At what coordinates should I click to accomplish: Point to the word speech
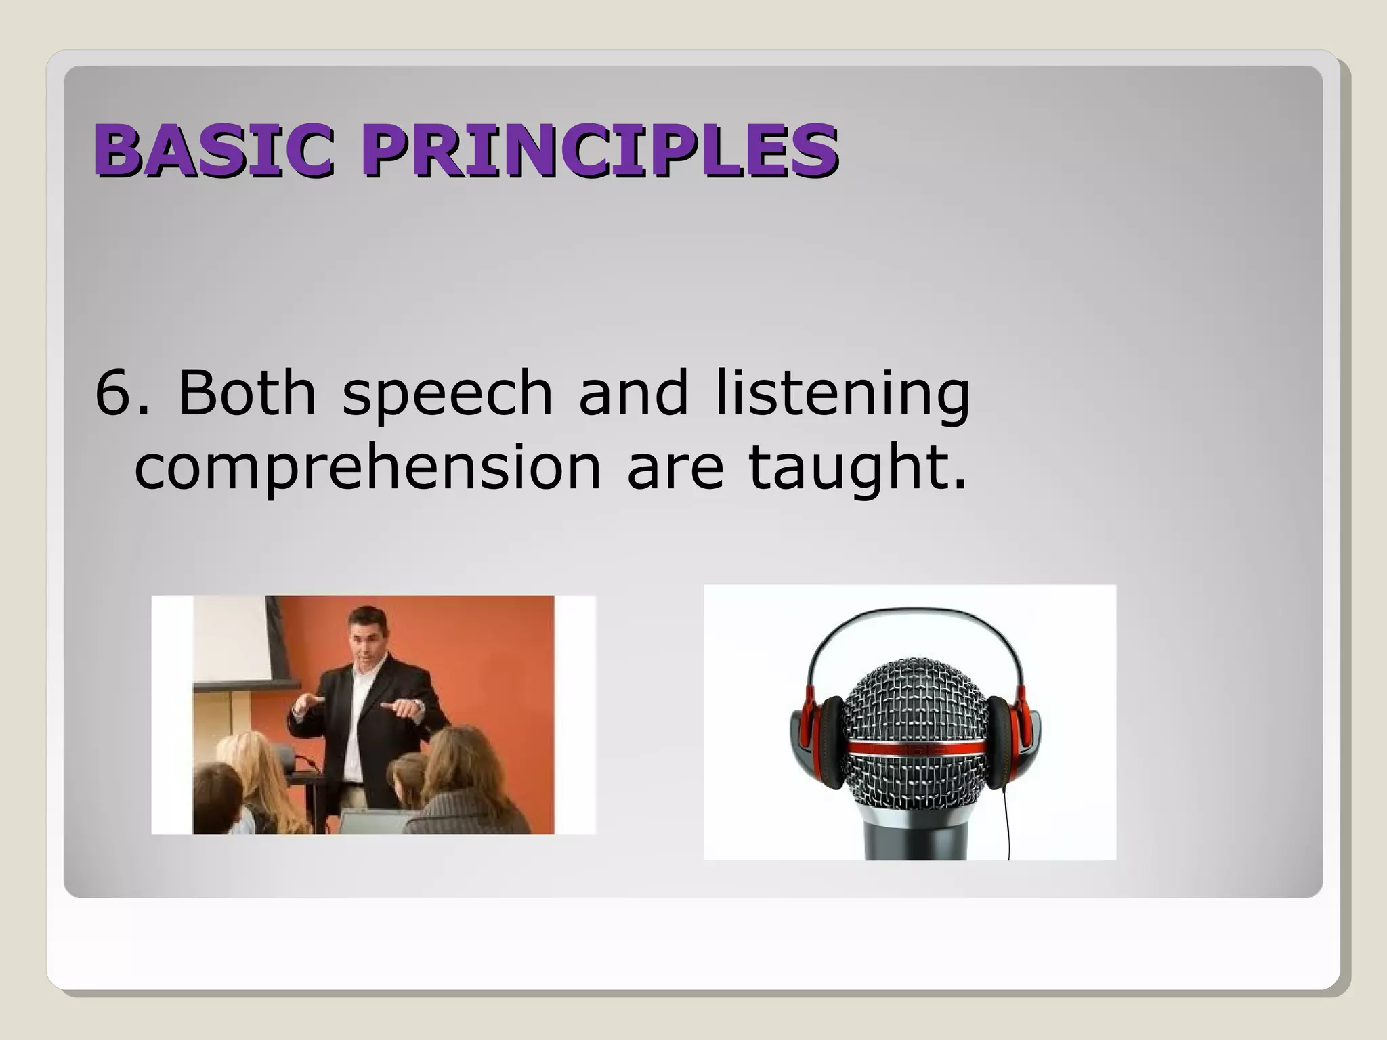pos(447,394)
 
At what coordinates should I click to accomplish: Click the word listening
pos(842,394)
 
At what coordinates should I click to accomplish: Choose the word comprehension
pos(368,469)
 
